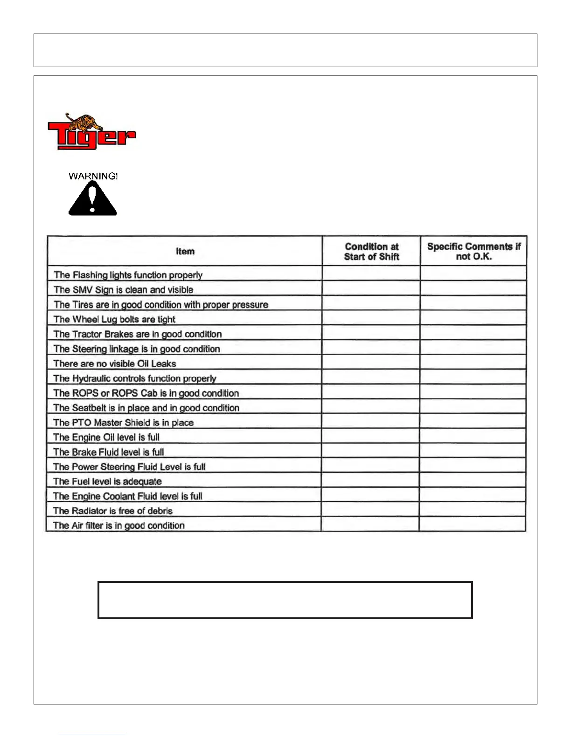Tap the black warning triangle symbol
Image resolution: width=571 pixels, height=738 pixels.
tap(92, 199)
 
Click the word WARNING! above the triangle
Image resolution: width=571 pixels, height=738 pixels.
tap(93, 176)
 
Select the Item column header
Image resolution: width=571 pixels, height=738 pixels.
tap(185, 252)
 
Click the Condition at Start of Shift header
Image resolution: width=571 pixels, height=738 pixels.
tap(371, 252)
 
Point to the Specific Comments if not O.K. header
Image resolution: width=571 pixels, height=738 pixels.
tap(474, 252)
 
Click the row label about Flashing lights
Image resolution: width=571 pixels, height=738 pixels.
tap(128, 275)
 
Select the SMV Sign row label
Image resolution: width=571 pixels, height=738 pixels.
tap(123, 290)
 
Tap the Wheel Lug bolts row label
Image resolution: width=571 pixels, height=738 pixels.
tap(114, 319)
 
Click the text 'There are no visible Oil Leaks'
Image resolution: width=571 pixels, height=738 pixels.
tap(115, 363)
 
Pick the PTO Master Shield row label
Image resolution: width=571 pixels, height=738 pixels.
tap(123, 423)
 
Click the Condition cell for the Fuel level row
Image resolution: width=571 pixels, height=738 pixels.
tap(370, 481)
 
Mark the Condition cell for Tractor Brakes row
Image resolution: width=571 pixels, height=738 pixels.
tap(371, 334)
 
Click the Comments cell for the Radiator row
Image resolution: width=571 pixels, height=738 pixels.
tap(473, 511)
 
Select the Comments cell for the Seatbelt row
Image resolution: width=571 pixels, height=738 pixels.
tap(473, 408)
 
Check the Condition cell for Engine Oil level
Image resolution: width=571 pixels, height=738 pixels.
tap(370, 437)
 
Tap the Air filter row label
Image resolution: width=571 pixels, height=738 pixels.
tap(118, 526)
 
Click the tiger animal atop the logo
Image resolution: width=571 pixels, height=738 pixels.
tap(84, 122)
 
